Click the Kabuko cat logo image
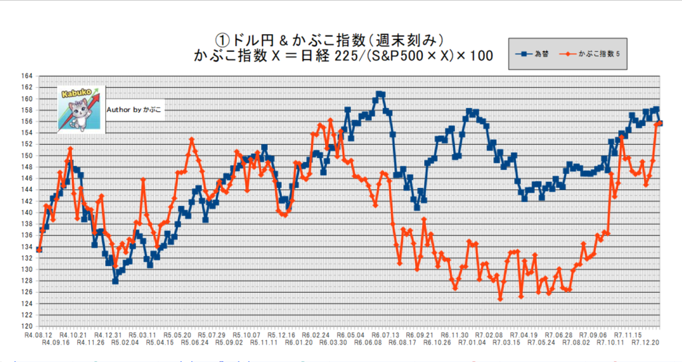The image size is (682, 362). [x=81, y=109]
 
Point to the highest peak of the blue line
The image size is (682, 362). [x=380, y=94]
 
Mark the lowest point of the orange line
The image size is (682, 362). [x=500, y=299]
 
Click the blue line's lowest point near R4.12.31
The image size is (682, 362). [x=115, y=281]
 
